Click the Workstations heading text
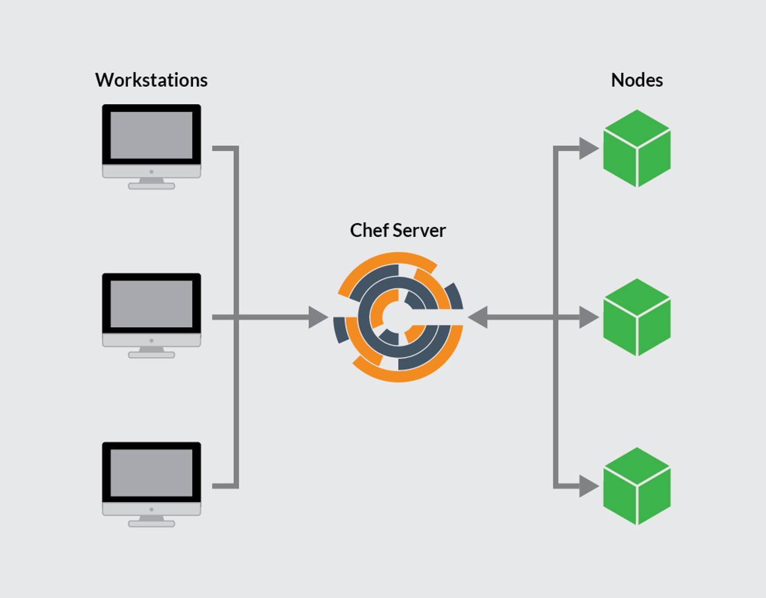[x=151, y=80]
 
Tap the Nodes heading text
[x=636, y=80]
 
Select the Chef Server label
[x=397, y=230]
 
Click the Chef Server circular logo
[x=398, y=317]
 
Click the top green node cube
[x=637, y=148]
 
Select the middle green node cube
[x=637, y=317]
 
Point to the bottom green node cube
[x=637, y=486]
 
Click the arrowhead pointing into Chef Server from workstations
[x=318, y=317]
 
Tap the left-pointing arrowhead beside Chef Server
[x=478, y=317]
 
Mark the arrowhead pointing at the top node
[x=588, y=148]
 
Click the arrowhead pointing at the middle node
[x=588, y=317]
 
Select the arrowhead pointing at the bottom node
[x=588, y=486]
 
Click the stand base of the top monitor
[x=151, y=186]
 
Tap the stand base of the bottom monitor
[x=151, y=523]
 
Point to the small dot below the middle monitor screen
[x=151, y=341]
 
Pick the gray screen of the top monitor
[x=151, y=135]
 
